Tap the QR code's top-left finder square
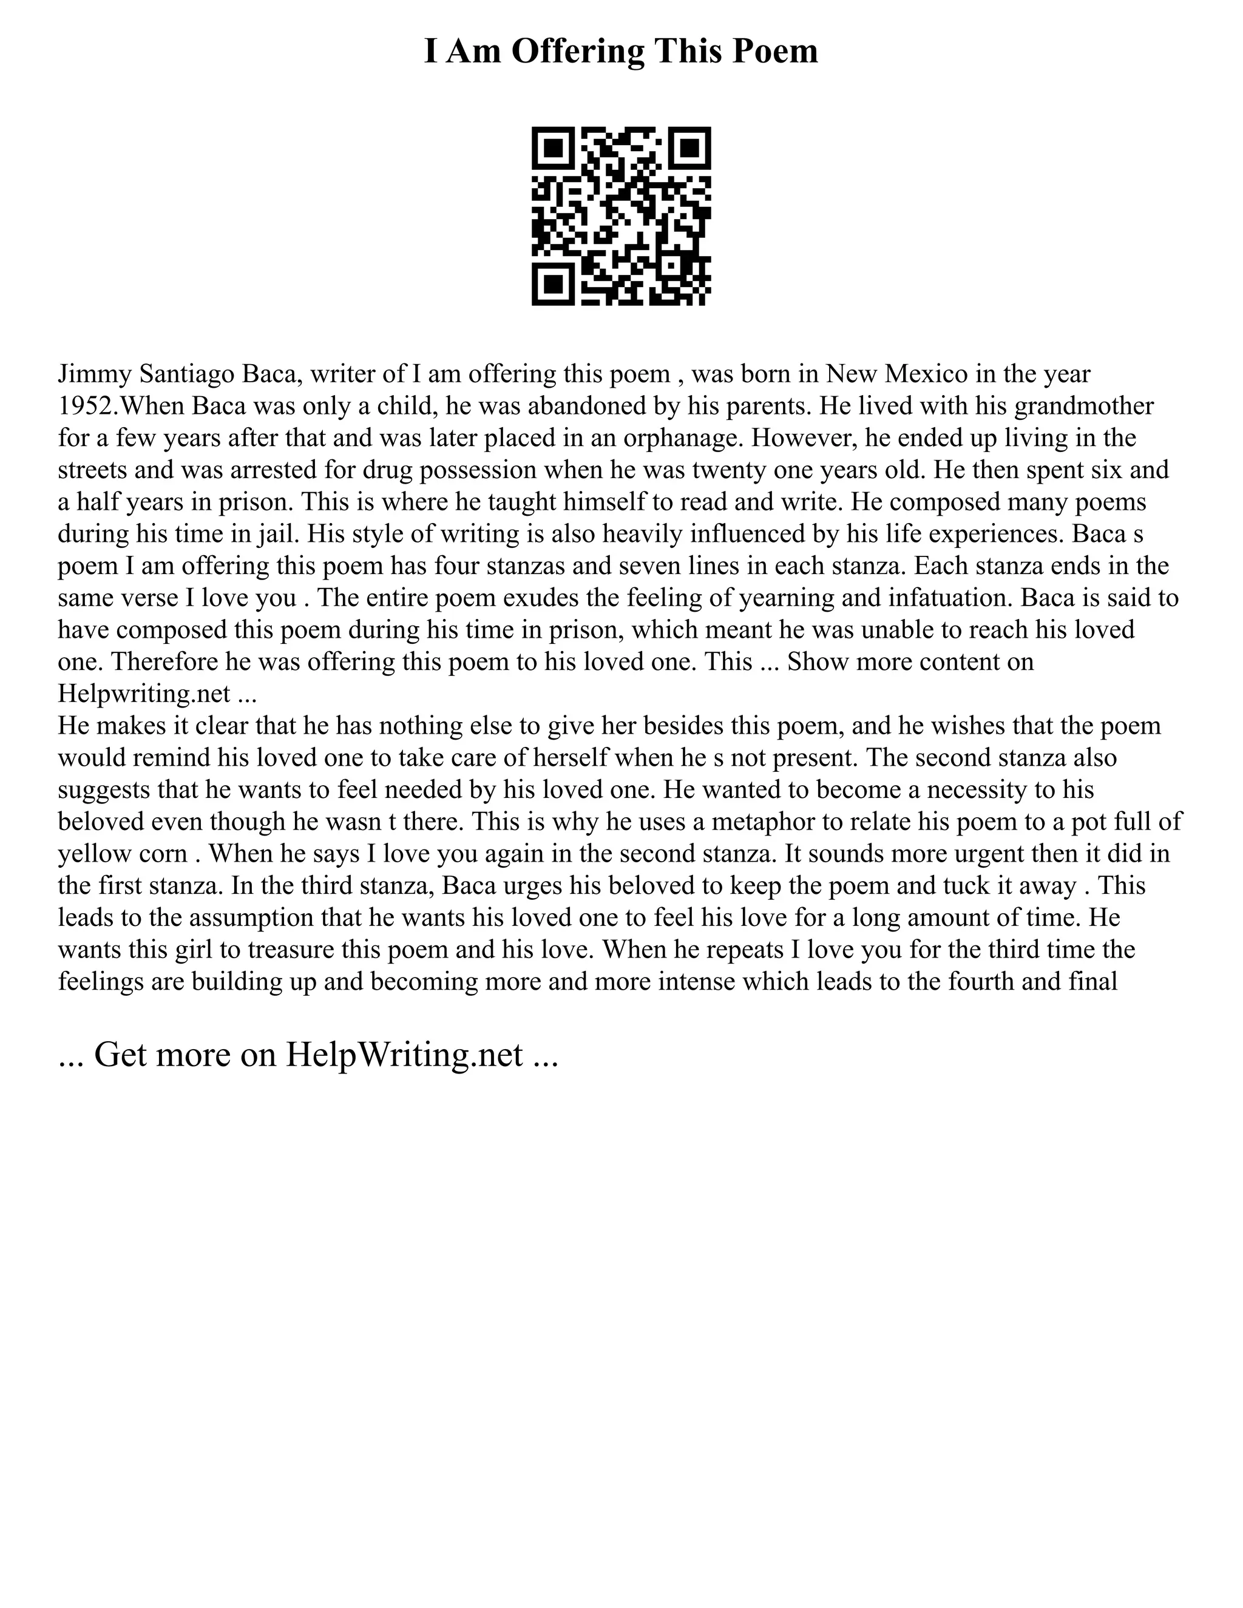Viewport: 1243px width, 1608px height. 553,148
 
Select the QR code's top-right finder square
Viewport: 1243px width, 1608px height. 689,148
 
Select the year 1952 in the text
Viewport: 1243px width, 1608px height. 84,406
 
